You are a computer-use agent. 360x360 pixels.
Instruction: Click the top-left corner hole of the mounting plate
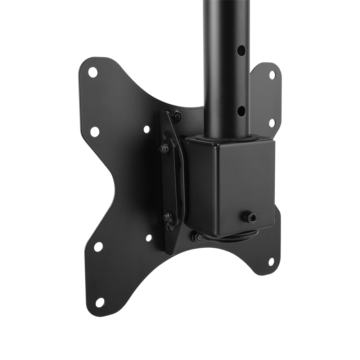point(93,72)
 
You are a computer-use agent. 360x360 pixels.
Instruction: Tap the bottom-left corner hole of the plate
point(100,302)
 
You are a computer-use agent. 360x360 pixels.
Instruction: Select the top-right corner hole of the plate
point(272,75)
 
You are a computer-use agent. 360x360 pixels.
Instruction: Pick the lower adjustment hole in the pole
point(242,109)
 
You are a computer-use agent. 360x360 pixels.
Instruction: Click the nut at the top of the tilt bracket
point(176,116)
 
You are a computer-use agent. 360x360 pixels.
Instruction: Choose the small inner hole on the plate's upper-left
point(147,129)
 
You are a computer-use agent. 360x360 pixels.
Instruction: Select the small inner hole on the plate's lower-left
point(148,238)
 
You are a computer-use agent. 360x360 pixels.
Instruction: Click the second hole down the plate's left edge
point(95,131)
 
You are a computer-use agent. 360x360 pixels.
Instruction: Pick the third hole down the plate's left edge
point(98,247)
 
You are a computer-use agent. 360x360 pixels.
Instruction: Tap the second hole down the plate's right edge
point(272,123)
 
